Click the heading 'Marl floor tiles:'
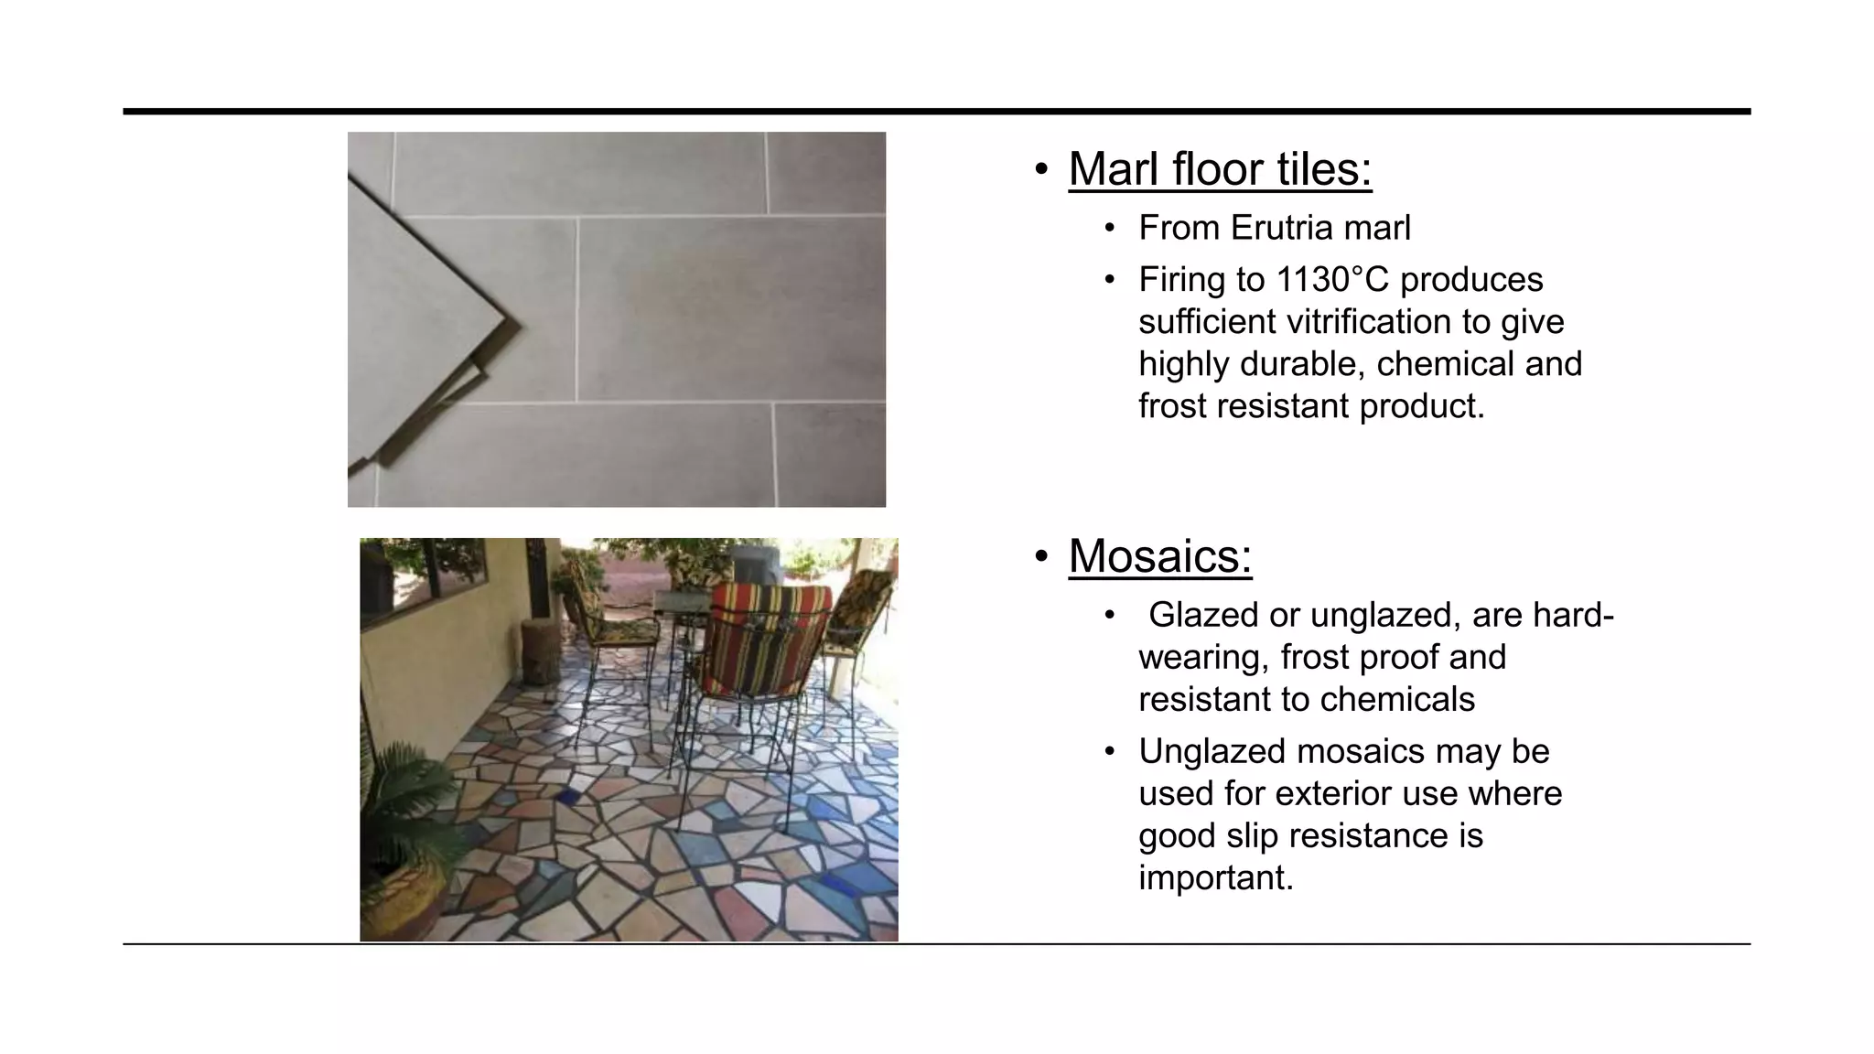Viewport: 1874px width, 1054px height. pos(1220,169)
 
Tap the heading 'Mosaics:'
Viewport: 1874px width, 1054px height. pos(1159,556)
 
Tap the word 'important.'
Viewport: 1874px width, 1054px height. pos(1216,878)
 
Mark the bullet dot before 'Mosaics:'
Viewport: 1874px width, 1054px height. pos(1041,556)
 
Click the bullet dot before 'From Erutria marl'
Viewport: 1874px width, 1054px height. pos(1110,229)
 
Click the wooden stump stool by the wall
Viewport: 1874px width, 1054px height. pos(537,651)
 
